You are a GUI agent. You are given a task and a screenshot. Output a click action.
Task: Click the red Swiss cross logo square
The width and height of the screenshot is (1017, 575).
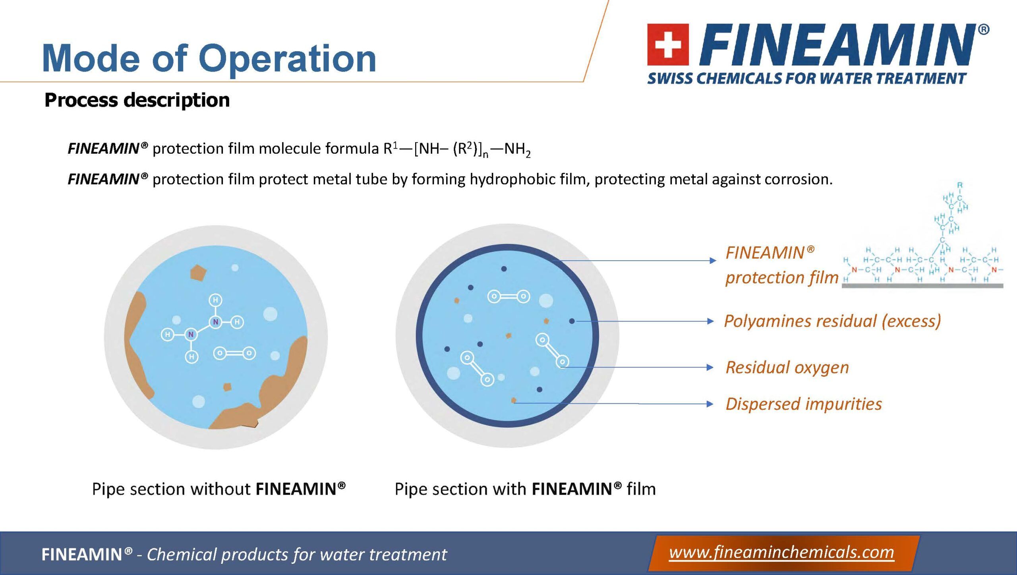pos(668,44)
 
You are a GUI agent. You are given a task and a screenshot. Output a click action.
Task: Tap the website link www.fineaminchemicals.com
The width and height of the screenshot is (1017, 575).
pos(781,552)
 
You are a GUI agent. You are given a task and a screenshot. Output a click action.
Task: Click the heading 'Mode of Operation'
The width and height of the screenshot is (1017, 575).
pos(209,58)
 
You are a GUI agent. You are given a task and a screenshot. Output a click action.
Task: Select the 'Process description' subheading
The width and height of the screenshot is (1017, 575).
pos(137,100)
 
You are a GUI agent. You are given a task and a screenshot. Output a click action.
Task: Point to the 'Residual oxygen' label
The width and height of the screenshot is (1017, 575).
pos(787,367)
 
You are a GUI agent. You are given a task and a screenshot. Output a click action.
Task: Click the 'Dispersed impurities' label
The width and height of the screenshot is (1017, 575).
pos(804,404)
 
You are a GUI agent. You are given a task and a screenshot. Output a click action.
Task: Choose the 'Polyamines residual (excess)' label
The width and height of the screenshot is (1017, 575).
pos(833,321)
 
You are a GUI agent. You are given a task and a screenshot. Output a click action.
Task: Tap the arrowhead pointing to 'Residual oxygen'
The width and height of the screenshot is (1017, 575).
pos(711,368)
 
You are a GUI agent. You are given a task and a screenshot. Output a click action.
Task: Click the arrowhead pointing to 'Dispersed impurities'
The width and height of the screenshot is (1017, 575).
pos(711,404)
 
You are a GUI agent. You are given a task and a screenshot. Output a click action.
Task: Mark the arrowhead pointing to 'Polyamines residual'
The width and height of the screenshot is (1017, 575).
pos(711,321)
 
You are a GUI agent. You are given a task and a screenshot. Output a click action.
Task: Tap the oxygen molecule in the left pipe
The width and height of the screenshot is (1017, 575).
pos(234,353)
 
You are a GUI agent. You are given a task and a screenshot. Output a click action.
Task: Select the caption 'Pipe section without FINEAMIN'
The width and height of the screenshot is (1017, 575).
pos(219,489)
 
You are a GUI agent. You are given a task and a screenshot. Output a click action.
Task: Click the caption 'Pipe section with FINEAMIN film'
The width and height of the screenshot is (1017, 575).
pos(525,489)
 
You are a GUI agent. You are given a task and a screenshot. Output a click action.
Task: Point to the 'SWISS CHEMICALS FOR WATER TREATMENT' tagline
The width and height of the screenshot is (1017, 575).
pos(806,78)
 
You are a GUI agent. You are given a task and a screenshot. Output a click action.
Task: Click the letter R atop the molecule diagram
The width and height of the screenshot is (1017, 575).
pos(960,185)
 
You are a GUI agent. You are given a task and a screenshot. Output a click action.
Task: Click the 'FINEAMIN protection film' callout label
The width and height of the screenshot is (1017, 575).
pos(782,265)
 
